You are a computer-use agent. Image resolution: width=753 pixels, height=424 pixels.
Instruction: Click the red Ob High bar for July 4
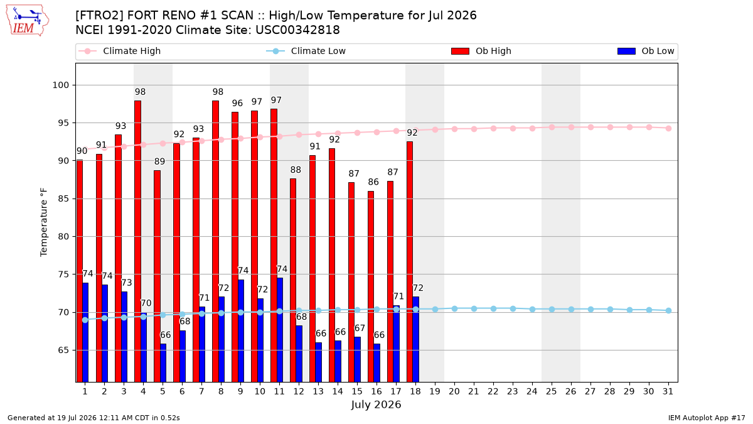pos(137,241)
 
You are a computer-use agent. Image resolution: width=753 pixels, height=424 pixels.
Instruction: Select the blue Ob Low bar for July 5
pos(163,363)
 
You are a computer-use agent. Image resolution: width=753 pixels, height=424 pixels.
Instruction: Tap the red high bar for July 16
pos(371,286)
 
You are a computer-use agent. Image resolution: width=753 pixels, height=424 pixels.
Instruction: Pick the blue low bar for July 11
pos(280,330)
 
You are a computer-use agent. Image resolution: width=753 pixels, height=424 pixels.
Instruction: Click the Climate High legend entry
pos(120,51)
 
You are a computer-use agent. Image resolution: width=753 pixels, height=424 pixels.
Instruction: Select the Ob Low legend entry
pos(646,51)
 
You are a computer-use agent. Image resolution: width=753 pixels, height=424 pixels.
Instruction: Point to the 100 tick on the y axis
pos(61,85)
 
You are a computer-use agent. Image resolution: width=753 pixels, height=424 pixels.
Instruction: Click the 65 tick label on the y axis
pos(63,351)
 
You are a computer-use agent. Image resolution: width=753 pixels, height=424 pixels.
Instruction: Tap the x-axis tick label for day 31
pos(668,391)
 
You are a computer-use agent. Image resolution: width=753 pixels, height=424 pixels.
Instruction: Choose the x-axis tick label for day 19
pos(435,391)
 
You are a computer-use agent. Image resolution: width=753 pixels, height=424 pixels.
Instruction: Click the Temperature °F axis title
pos(44,222)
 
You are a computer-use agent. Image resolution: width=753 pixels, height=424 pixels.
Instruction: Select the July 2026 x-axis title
pos(376,405)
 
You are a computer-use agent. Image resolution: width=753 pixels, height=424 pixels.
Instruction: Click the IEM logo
pos(28,21)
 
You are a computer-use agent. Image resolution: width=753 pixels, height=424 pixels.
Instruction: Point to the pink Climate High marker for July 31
pos(668,128)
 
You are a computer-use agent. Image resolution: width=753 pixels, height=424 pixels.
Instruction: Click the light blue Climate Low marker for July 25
pos(552,309)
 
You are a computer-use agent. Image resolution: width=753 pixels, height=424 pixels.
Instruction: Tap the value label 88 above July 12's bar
pos(296,170)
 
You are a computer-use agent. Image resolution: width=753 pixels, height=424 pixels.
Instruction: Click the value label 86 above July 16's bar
pos(373,182)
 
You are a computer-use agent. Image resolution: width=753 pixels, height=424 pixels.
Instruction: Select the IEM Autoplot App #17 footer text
pos(707,418)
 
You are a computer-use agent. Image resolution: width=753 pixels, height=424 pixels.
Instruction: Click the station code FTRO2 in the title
pos(100,16)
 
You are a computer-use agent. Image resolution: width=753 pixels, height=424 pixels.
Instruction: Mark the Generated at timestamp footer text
pos(93,418)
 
